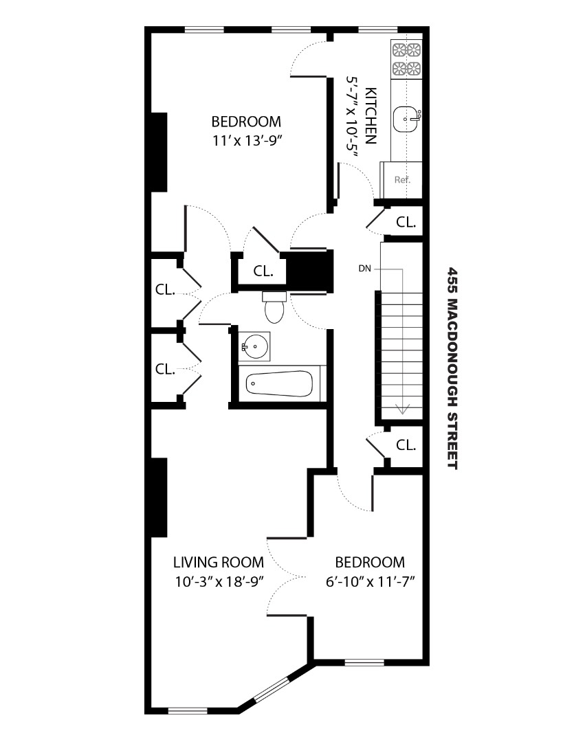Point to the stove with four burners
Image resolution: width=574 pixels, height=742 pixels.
point(406,59)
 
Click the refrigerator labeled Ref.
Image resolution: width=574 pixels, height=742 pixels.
point(402,180)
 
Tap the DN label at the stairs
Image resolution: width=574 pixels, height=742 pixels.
point(364,269)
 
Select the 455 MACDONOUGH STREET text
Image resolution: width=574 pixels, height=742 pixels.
point(452,368)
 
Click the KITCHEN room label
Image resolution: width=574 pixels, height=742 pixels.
point(371,115)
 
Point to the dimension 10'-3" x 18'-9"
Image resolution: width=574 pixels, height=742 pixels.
point(219,581)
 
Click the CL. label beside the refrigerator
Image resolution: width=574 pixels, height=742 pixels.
point(406,222)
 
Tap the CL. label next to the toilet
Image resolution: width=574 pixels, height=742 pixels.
point(263,271)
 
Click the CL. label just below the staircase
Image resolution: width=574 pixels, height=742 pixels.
point(406,445)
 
